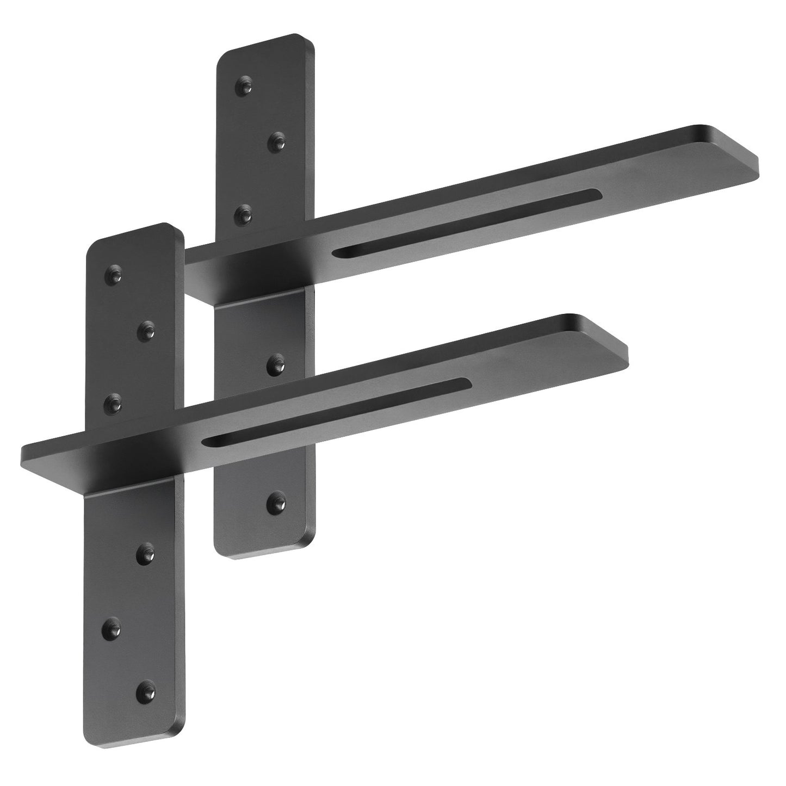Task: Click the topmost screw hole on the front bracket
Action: (x=115, y=271)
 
